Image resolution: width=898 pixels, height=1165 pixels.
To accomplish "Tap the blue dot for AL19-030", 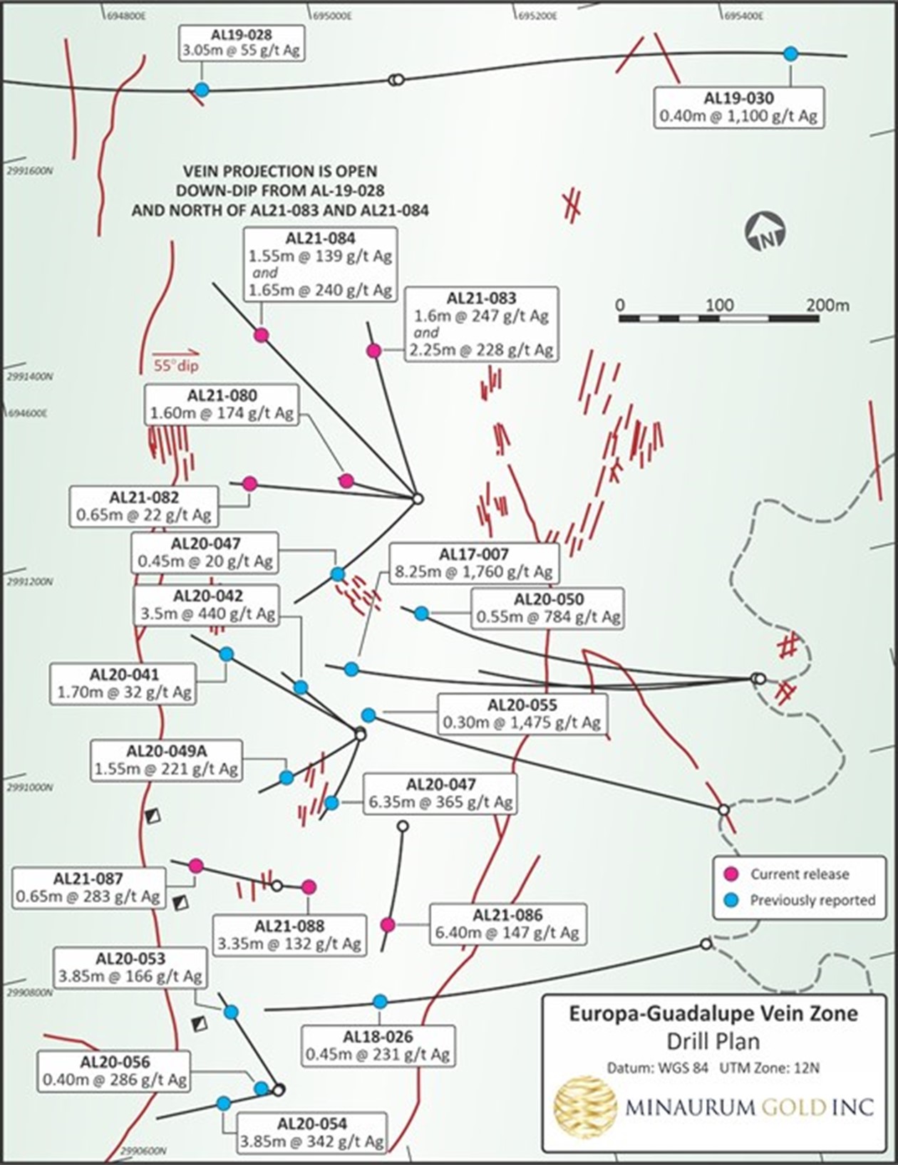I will pyautogui.click(x=790, y=53).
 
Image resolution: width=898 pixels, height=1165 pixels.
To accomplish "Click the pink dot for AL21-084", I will pyautogui.click(x=262, y=335).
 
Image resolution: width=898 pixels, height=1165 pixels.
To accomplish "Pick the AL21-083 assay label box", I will pyautogui.click(x=481, y=324).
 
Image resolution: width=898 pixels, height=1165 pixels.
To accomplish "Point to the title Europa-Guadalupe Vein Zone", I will pyautogui.click(x=713, y=1014).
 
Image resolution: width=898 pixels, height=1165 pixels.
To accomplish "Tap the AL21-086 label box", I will pyautogui.click(x=507, y=924).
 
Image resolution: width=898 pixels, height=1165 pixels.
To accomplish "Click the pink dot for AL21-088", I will pyautogui.click(x=309, y=886).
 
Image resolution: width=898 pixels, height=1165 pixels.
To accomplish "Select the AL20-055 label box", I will pyautogui.click(x=522, y=714).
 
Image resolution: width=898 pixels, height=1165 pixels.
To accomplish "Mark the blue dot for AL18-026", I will pyautogui.click(x=381, y=1001).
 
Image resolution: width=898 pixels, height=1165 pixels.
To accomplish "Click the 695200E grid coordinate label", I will pyautogui.click(x=537, y=15).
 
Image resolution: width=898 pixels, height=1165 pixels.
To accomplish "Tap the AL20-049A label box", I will pyautogui.click(x=167, y=760).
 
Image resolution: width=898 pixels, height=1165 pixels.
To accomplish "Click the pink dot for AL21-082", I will pyautogui.click(x=249, y=483).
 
